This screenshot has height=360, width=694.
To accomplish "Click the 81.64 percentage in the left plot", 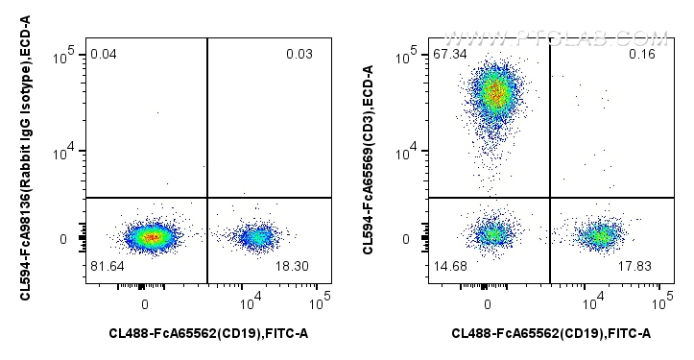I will [107, 265].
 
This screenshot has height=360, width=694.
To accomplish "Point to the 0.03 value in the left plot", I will [299, 54].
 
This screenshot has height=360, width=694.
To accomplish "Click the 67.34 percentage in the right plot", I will [448, 54].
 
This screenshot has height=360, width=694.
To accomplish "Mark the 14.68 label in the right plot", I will [448, 265].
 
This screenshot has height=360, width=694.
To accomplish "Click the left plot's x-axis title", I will [208, 333].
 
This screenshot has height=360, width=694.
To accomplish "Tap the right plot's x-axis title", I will [551, 333].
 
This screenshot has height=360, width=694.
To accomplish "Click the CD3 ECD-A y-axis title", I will [368, 160].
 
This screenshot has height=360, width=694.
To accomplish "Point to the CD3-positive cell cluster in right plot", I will [494, 94].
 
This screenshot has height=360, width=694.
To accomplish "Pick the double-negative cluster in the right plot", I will [492, 233].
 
